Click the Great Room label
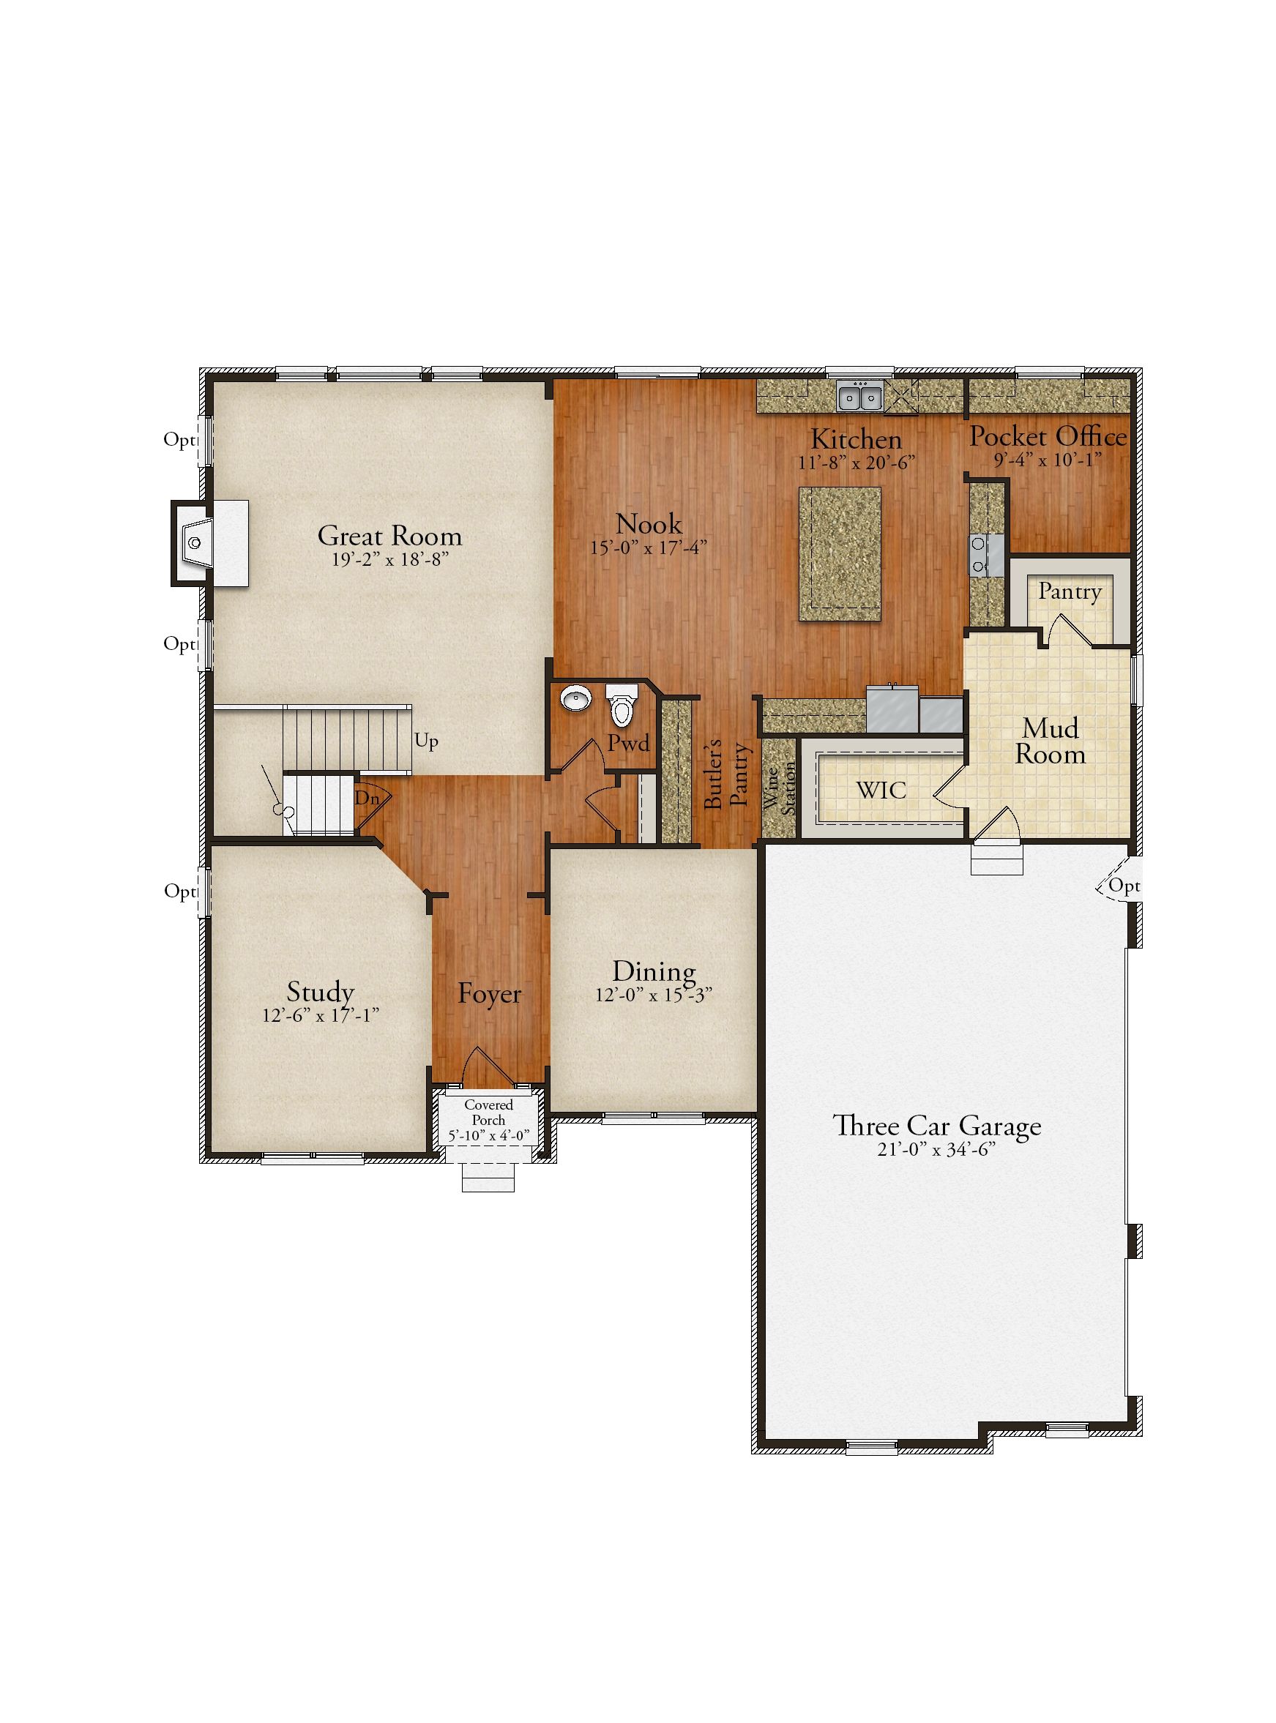389,535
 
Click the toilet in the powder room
619,703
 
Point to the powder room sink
575,699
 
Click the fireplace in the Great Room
209,543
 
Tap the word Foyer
489,993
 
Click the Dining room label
654,971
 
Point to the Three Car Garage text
937,1125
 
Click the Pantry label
1069,591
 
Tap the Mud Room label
1051,741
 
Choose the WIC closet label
881,791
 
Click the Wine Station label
780,788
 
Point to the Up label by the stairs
426,741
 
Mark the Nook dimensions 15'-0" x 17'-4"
649,547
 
